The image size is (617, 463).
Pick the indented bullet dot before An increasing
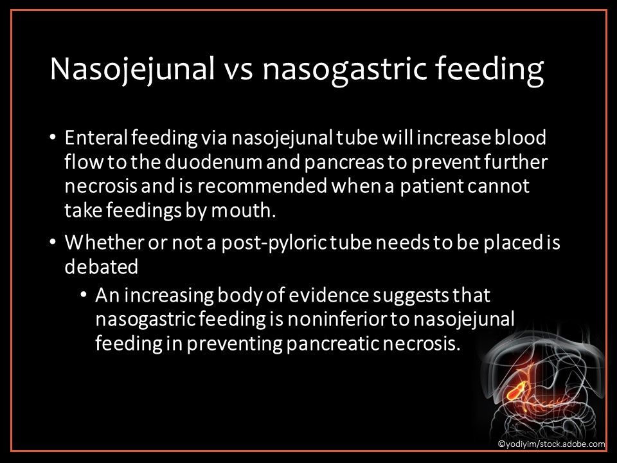click(84, 296)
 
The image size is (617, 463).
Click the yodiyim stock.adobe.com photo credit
click(551, 444)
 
